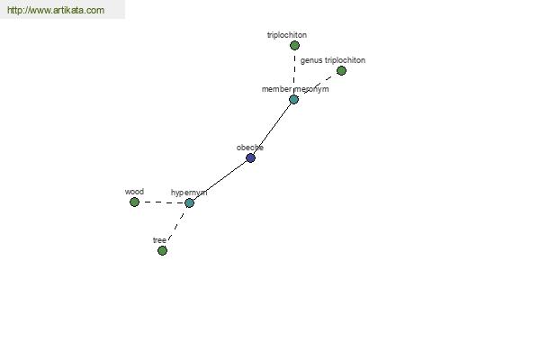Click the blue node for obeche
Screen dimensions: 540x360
pos(251,158)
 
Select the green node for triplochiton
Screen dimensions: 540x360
pos(294,46)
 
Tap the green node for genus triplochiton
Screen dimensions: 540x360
pos(341,70)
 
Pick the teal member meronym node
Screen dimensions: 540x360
pos(293,100)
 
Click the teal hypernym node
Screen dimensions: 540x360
pos(189,202)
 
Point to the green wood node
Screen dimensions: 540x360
pos(134,202)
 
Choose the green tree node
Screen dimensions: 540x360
pos(162,250)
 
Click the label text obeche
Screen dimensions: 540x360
pos(250,148)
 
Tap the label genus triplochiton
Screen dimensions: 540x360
pos(333,60)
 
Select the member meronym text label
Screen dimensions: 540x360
pos(295,89)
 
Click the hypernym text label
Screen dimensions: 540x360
pos(189,193)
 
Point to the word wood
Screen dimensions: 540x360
pos(134,192)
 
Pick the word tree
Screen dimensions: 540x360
pos(159,240)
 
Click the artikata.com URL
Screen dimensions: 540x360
pos(56,10)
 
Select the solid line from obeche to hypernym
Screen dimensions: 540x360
pos(220,181)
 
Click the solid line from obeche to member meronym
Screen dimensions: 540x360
pos(272,129)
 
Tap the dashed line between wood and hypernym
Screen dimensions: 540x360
pos(162,202)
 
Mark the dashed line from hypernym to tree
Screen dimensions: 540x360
pos(176,226)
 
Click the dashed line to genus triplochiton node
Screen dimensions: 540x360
pos(318,85)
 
